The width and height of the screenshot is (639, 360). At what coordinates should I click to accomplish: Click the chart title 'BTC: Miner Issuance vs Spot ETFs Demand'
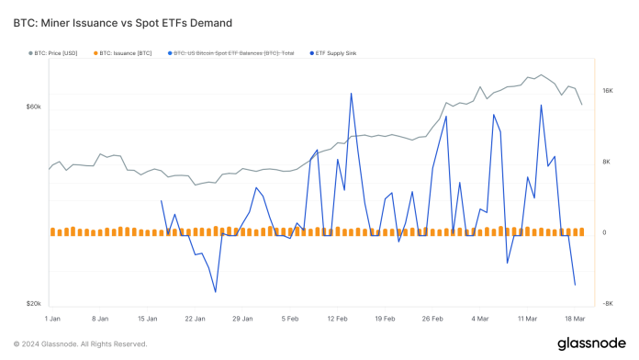[x=122, y=22]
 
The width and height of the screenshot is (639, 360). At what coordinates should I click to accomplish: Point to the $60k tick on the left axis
[x=32, y=107]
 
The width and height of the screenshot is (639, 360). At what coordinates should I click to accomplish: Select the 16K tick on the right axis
[x=608, y=91]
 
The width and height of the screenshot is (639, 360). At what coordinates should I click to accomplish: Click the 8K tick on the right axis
[x=607, y=162]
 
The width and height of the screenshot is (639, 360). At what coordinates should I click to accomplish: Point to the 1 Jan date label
[x=51, y=318]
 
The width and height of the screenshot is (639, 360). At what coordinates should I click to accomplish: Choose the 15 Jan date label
[x=147, y=318]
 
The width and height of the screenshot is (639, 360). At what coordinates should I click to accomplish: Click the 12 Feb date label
[x=336, y=318]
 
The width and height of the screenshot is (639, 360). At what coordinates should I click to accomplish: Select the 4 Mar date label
[x=480, y=318]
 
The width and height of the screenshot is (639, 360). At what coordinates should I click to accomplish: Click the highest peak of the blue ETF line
[x=351, y=93]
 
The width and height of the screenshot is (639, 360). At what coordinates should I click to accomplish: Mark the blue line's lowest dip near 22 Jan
[x=216, y=292]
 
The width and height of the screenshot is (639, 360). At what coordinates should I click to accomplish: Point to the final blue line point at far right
[x=576, y=285]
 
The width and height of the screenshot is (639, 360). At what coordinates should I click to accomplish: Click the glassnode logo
[x=591, y=343]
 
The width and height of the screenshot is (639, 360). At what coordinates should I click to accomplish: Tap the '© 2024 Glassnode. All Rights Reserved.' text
[x=81, y=344]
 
